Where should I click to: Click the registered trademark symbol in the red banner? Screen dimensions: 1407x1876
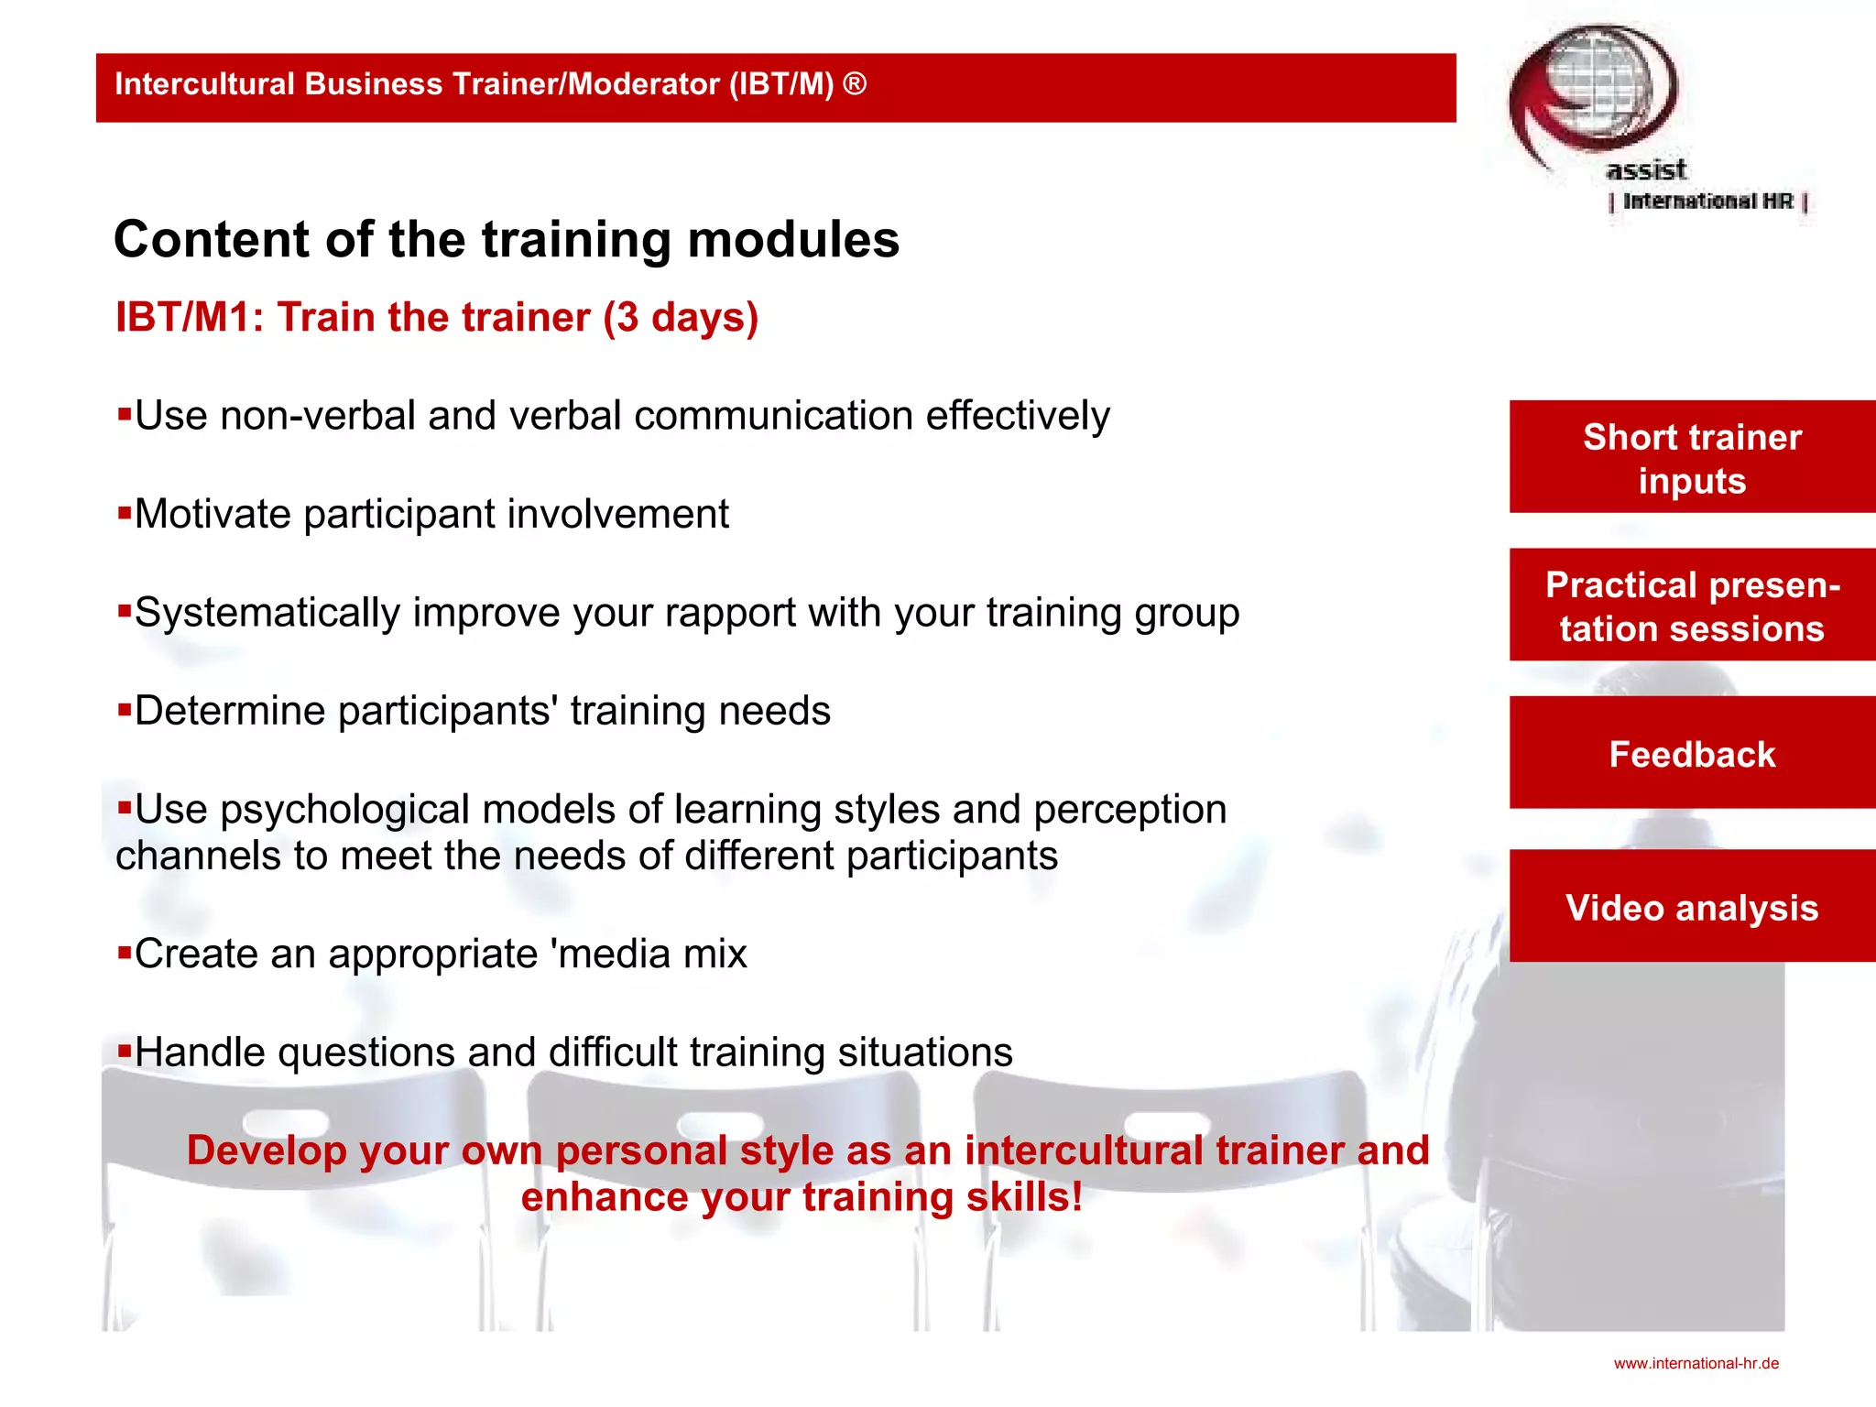coord(854,83)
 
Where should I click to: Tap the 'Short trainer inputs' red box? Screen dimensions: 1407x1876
coord(1692,457)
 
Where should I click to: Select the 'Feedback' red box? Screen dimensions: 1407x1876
coord(1692,754)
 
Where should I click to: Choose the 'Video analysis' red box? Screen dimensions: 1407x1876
coord(1692,907)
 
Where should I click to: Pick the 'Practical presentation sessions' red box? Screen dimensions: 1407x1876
coord(1692,605)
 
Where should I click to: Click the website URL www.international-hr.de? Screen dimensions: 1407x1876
coord(1696,1363)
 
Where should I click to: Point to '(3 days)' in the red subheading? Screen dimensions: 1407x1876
coord(681,318)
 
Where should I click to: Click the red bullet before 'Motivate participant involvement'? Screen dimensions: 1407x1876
coord(125,512)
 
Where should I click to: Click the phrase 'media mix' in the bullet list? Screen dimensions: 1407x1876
coord(654,954)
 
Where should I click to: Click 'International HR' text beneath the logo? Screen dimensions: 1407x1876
coord(1707,202)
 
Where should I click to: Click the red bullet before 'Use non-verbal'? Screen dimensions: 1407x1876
coord(125,414)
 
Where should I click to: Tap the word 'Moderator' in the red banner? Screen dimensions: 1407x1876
coord(644,84)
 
